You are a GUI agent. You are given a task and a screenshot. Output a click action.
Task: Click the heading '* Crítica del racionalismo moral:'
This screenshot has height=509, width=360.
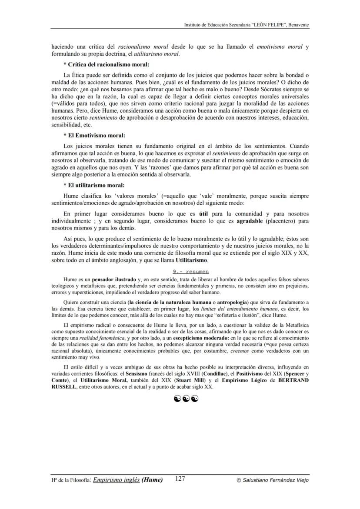click(x=106, y=64)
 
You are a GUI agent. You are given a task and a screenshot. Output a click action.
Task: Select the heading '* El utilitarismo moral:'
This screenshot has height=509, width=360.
click(x=94, y=185)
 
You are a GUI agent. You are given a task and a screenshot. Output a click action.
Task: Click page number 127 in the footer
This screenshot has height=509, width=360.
click(x=180, y=479)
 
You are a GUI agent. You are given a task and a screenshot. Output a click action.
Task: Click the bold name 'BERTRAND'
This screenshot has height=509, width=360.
click(x=293, y=380)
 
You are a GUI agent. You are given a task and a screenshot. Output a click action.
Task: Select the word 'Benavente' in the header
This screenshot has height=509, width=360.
click(x=298, y=25)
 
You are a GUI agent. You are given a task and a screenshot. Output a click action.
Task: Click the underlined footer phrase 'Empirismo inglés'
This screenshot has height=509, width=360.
click(x=116, y=480)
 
